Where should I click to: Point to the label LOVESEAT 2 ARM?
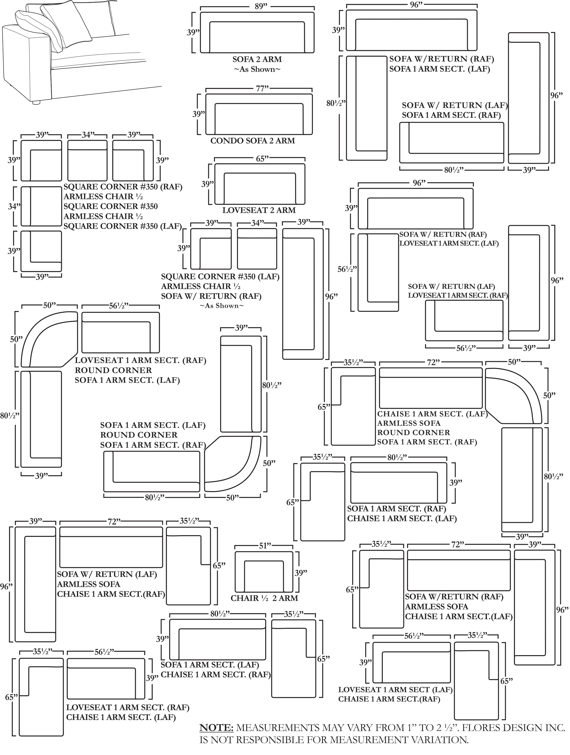[x=259, y=210]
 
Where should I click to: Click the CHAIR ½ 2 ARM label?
[x=264, y=598]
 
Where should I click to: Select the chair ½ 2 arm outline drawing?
[x=264, y=571]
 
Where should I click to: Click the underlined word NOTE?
[x=216, y=727]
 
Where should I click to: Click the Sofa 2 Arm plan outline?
[x=257, y=32]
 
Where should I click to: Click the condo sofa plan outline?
[x=259, y=114]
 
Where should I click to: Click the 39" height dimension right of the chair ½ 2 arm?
[x=301, y=573]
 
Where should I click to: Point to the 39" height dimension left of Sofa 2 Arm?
[x=193, y=32]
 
